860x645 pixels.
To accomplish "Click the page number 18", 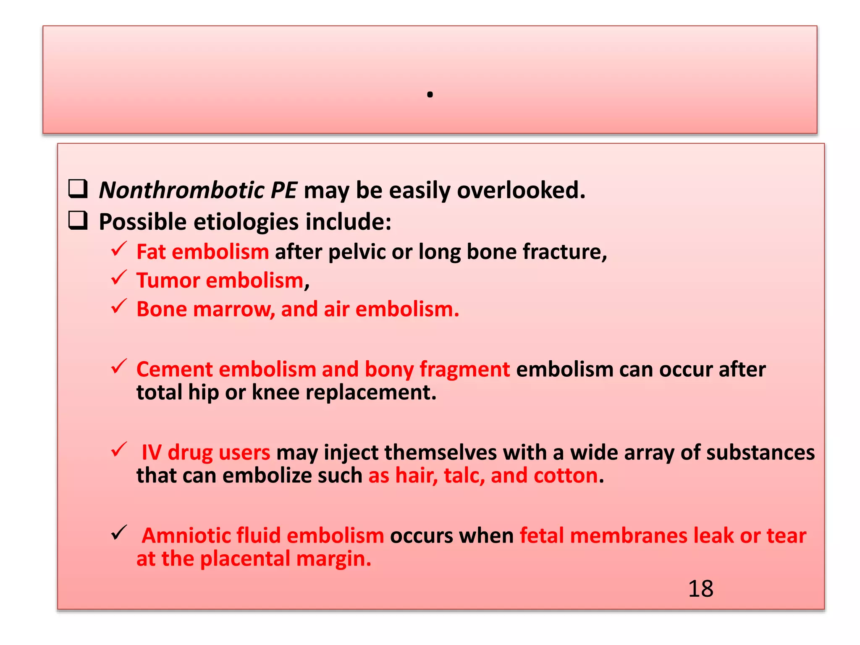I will pyautogui.click(x=700, y=588).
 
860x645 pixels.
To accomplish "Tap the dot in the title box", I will pyautogui.click(x=430, y=95).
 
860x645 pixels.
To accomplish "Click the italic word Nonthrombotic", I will pyautogui.click(x=181, y=190).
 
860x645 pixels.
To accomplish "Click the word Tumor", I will pyautogui.click(x=168, y=281).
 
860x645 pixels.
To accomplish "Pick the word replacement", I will pyautogui.click(x=371, y=393).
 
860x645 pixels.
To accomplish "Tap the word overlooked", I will pyautogui.click(x=521, y=190).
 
